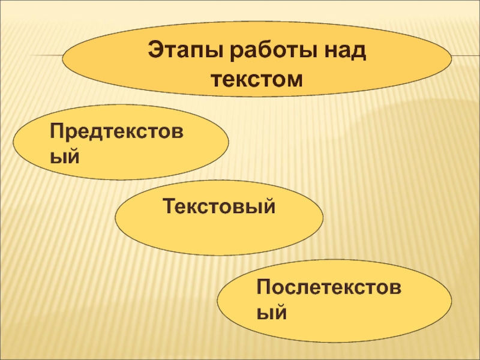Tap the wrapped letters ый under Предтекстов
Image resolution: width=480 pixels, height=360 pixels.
(64, 157)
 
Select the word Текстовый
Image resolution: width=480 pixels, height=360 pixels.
(219, 208)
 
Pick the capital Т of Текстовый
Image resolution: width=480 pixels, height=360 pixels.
(170, 208)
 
